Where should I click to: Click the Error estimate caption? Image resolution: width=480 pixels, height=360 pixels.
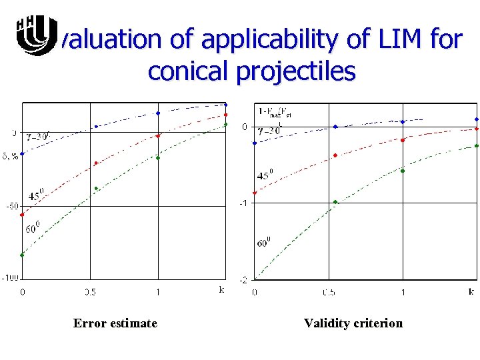coord(115,323)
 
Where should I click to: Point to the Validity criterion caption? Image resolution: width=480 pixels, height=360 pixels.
coord(353,323)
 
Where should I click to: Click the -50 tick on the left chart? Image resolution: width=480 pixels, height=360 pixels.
coord(12,206)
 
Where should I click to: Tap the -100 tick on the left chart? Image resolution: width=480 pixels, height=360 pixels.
coord(11,277)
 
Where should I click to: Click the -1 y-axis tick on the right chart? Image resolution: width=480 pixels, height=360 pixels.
coord(245,203)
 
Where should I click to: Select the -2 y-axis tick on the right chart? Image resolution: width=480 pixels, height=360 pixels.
coord(245,279)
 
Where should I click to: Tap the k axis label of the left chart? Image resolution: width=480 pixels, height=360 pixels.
coord(221,289)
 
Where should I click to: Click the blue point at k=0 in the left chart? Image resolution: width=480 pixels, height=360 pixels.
coord(23,154)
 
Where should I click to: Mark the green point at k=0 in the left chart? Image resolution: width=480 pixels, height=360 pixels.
coord(23,255)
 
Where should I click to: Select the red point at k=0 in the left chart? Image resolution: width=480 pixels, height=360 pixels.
coord(23,215)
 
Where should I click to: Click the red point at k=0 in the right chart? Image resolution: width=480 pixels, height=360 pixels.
coord(255,193)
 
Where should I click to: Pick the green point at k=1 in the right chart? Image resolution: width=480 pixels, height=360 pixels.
coord(403,171)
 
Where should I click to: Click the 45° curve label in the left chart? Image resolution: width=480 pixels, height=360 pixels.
coord(36,196)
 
